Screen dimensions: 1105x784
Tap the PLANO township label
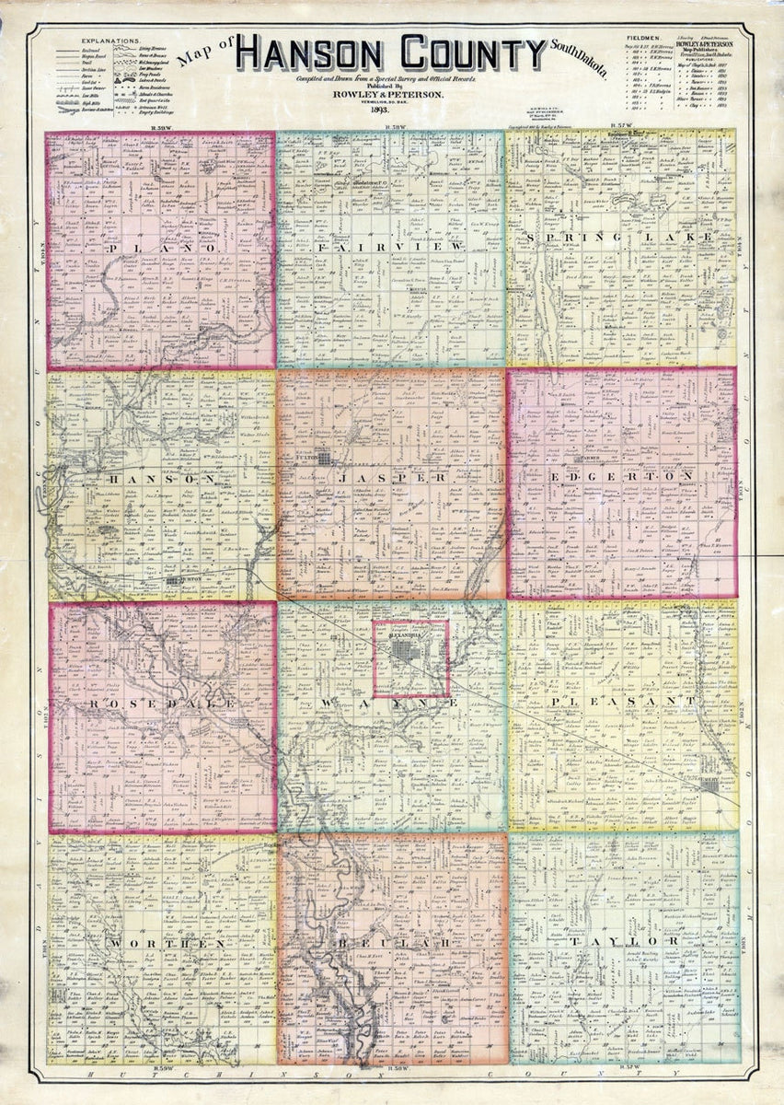(161, 249)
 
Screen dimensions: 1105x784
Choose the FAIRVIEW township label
(390, 248)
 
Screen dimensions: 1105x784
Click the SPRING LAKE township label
(621, 237)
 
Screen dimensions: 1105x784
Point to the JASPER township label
(391, 479)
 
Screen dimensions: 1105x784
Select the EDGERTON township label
(621, 476)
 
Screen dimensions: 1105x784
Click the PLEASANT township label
(621, 702)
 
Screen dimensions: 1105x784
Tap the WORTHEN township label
(161, 945)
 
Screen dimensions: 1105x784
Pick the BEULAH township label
(391, 945)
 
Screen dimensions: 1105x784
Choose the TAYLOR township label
(621, 943)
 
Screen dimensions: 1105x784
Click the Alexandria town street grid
(410, 657)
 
